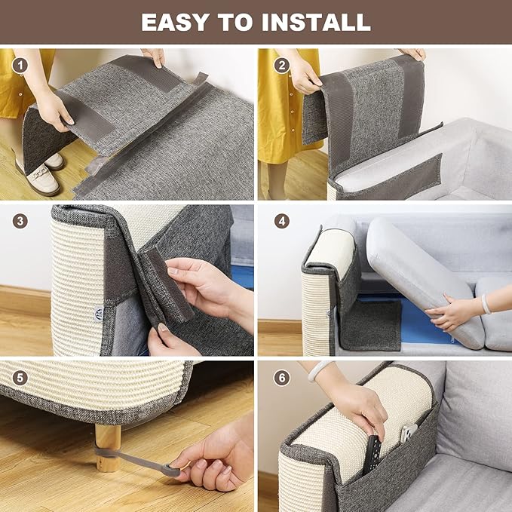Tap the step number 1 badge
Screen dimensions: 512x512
[x=20, y=65]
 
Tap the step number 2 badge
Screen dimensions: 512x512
[x=281, y=65]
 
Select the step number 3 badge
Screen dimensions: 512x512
[x=20, y=222]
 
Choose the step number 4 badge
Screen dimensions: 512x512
[x=281, y=222]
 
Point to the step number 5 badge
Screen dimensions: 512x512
[x=20, y=377]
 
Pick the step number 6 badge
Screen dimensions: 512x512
[x=281, y=377]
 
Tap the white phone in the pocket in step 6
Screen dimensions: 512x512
[x=407, y=434]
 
